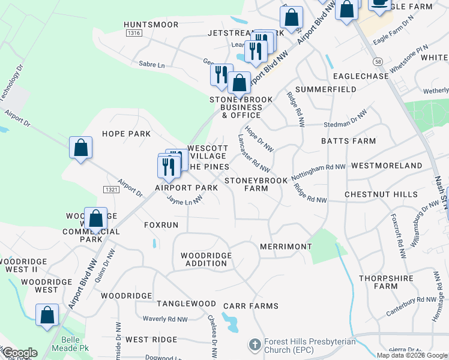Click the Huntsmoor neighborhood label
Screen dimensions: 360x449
[151, 25]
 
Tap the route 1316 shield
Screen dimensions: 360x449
[134, 34]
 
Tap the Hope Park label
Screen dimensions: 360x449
[126, 134]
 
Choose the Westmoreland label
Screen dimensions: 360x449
[387, 165]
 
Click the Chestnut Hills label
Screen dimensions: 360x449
[381, 195]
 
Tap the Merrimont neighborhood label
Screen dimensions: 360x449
[286, 247]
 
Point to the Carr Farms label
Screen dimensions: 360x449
[251, 306]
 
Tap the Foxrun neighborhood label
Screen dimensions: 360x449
[161, 225]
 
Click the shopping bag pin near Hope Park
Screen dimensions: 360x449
[80, 148]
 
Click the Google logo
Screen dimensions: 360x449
[19, 353]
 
